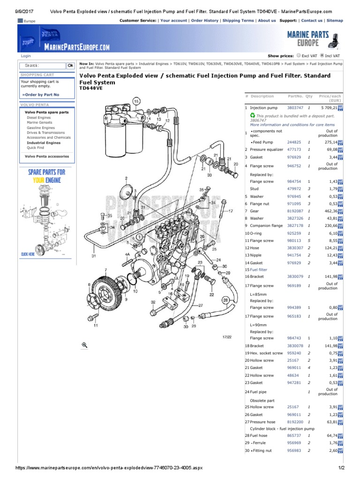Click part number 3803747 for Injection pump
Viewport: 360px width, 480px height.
[294, 108]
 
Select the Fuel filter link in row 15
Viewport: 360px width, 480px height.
[259, 270]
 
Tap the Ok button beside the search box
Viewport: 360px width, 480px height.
[70, 66]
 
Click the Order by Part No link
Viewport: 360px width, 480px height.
[41, 95]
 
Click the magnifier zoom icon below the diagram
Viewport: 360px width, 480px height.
[85, 345]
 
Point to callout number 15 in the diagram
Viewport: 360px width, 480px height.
[136, 101]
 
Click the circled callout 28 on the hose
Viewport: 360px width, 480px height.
[226, 300]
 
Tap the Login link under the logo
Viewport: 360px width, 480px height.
[26, 56]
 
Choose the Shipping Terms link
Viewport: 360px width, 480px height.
[238, 21]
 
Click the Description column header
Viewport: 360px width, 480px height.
[262, 96]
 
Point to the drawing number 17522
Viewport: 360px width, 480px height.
[226, 337]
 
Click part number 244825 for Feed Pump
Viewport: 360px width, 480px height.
[294, 142]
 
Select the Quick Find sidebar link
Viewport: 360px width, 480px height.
[36, 148]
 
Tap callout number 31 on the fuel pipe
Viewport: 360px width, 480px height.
[93, 256]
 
